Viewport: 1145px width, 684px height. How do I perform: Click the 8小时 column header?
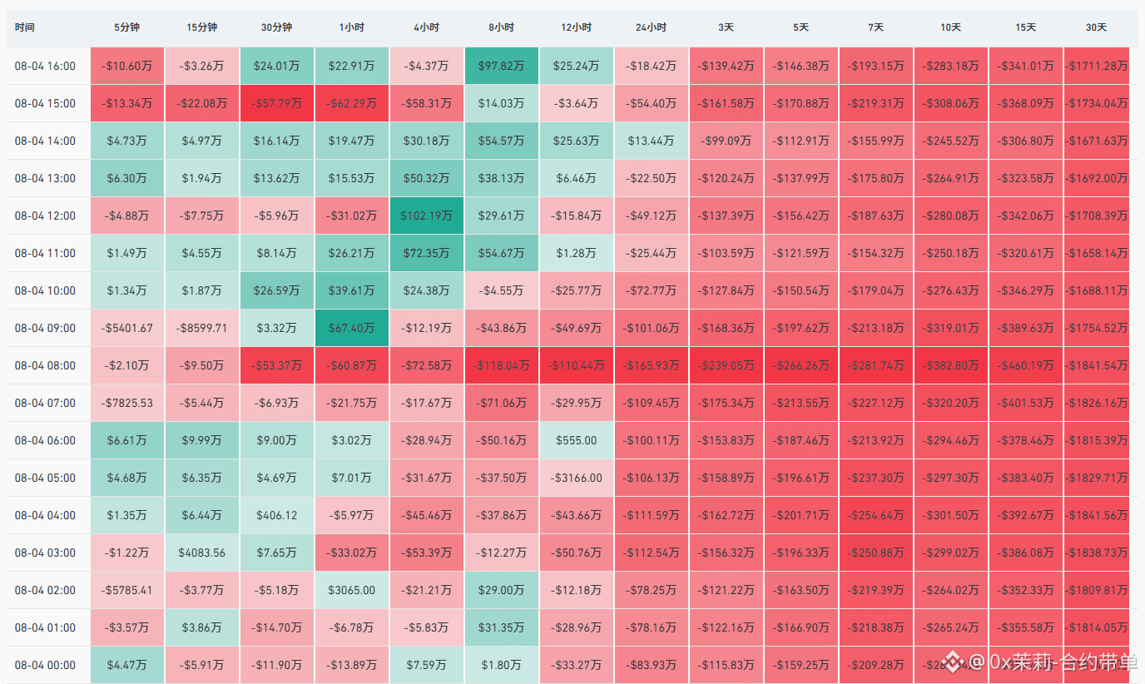501,27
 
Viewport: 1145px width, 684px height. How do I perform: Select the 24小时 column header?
651,27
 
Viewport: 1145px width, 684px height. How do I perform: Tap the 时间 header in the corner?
24,27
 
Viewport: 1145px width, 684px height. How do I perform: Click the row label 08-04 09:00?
45,328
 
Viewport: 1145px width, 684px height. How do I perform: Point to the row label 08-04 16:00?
45,66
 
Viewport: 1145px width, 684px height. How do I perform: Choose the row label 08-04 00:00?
45,665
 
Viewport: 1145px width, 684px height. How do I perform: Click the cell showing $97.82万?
502,66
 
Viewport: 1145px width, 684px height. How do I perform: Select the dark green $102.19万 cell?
426,216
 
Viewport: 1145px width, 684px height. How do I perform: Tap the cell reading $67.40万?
352,328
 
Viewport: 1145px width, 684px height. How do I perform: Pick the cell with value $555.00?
576,441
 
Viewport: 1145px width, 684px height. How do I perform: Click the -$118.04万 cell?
502,365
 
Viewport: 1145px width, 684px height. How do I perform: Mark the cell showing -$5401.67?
126,328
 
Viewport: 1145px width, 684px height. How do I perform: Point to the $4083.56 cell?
202,553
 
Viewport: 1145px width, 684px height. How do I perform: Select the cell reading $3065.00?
352,591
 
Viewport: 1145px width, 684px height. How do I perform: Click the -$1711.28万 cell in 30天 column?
1097,66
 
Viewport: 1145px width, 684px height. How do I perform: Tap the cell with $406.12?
276,515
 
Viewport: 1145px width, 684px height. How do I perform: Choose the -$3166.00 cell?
576,478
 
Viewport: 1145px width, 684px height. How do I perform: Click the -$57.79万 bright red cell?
276,103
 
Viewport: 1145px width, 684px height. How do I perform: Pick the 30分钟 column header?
276,27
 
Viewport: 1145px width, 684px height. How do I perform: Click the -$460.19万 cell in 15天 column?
1025,365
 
